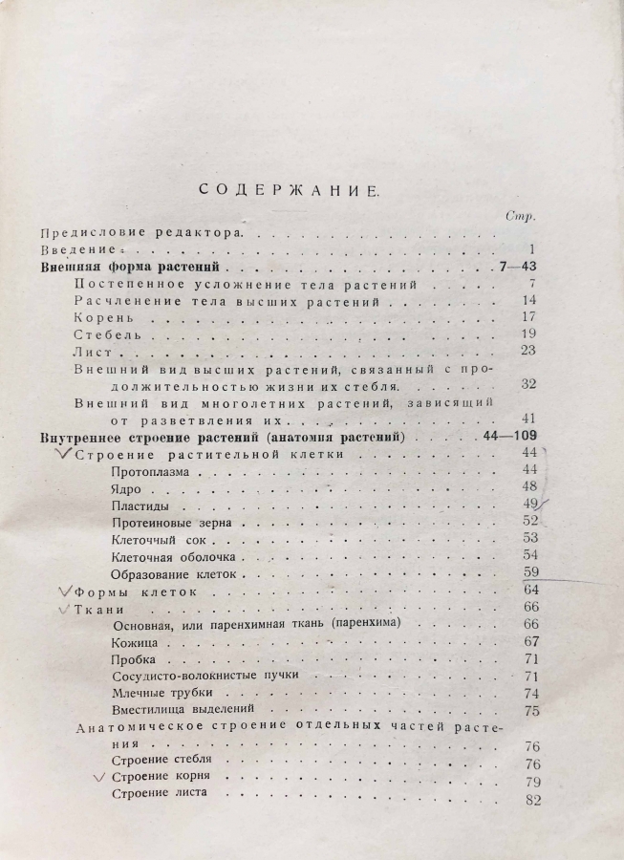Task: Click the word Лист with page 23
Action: pyautogui.click(x=94, y=350)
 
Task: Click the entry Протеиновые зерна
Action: pyautogui.click(x=172, y=524)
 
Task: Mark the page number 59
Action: pyautogui.click(x=531, y=573)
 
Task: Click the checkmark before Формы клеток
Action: pyautogui.click(x=65, y=591)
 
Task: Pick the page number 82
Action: pyautogui.click(x=531, y=799)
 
